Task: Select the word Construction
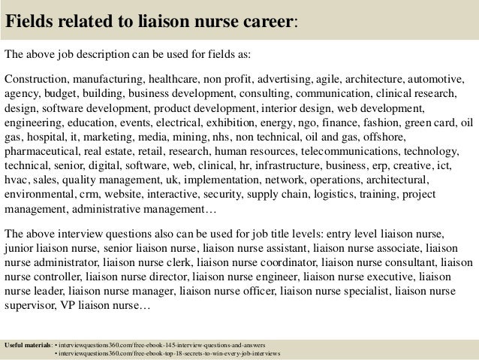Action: [36, 79]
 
